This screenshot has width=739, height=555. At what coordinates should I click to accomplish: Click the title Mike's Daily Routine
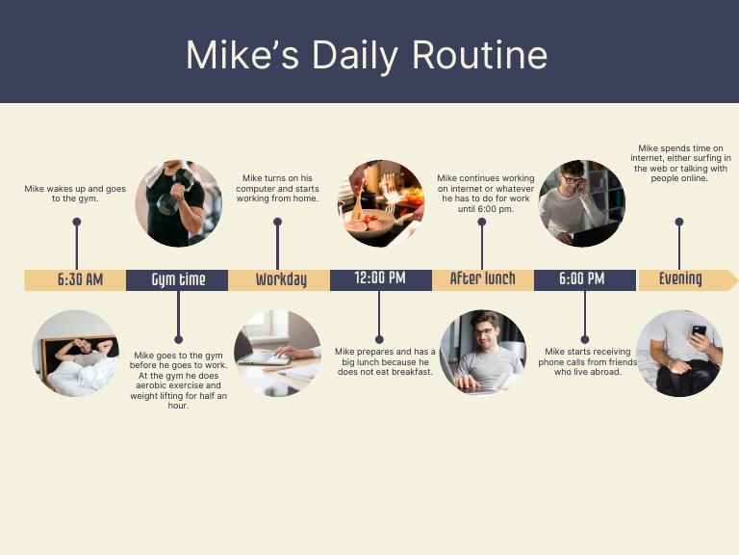[367, 55]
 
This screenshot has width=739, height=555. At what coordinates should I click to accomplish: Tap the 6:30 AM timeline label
[79, 279]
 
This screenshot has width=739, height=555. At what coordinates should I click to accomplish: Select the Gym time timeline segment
[178, 279]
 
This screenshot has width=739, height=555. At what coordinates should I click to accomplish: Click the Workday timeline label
[280, 279]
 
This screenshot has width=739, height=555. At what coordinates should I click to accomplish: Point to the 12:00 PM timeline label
[380, 279]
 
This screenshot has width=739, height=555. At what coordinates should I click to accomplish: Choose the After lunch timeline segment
[482, 279]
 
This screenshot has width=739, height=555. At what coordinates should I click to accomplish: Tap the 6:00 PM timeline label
[583, 279]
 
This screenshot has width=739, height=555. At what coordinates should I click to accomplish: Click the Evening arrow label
[680, 279]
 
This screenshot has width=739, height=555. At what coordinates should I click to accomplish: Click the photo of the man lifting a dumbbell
[178, 203]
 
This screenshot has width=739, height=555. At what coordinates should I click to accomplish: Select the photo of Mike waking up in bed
[76, 354]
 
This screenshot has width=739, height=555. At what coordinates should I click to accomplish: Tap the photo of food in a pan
[381, 203]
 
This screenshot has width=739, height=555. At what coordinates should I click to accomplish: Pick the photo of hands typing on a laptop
[277, 354]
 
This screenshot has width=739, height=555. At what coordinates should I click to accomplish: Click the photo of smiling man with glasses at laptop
[483, 354]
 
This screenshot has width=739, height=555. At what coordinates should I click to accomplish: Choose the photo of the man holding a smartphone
[679, 354]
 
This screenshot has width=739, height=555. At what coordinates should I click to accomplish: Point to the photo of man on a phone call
[582, 203]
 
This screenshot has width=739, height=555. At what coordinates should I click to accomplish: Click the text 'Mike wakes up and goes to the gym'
[75, 194]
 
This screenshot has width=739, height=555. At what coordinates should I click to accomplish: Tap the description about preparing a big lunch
[384, 361]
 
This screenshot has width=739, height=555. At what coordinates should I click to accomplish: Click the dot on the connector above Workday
[277, 222]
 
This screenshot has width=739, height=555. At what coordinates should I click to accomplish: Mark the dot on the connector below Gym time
[178, 339]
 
